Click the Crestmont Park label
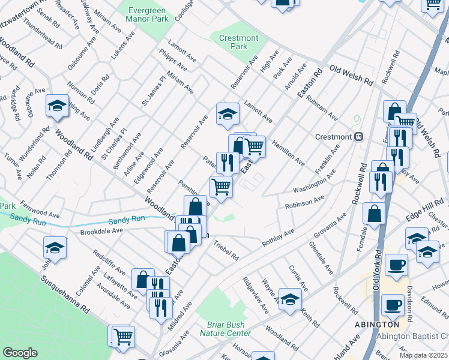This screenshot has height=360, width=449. click(238, 42)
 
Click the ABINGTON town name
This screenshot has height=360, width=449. click(379, 325)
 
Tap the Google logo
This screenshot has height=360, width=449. click(20, 353)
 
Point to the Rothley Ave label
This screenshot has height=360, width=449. click(278, 238)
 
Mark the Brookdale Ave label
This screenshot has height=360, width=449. click(101, 230)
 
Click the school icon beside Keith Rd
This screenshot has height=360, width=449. click(290, 299)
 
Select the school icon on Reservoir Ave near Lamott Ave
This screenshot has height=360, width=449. click(228, 113)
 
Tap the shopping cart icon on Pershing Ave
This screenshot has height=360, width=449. click(221, 187)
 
